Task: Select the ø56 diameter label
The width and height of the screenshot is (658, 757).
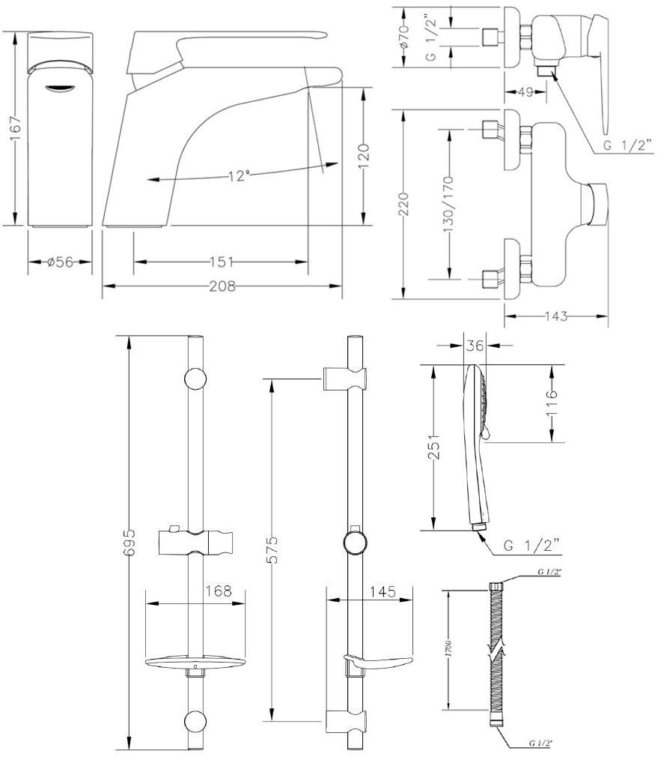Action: (x=60, y=262)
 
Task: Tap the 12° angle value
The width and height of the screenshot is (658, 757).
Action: (x=239, y=176)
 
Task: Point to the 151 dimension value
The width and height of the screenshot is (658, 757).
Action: (x=222, y=262)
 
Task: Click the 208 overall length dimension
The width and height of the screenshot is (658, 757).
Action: (x=222, y=286)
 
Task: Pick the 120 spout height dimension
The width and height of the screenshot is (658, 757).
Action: (x=362, y=157)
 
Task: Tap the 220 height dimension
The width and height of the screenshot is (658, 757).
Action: (x=404, y=204)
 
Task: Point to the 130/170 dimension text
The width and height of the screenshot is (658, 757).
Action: (x=449, y=204)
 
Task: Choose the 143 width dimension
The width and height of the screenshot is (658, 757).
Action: (x=555, y=316)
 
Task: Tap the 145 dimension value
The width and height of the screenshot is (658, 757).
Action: (x=383, y=591)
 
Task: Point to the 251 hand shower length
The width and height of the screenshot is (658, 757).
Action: (x=433, y=448)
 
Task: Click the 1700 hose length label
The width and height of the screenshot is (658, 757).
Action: (x=448, y=647)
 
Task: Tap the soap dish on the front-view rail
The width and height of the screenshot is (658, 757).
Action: (x=195, y=662)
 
